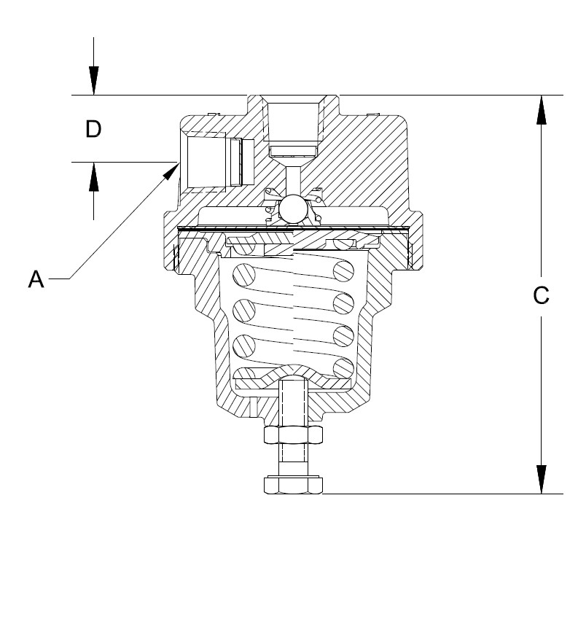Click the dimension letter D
click(93, 129)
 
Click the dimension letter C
click(541, 295)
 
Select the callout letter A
click(36, 279)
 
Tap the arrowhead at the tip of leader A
click(171, 171)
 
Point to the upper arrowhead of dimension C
click(542, 110)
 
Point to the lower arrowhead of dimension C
click(542, 479)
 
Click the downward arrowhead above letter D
click(93, 80)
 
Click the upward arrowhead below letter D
click(93, 176)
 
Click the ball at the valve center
click(294, 208)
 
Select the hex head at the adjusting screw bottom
click(293, 485)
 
